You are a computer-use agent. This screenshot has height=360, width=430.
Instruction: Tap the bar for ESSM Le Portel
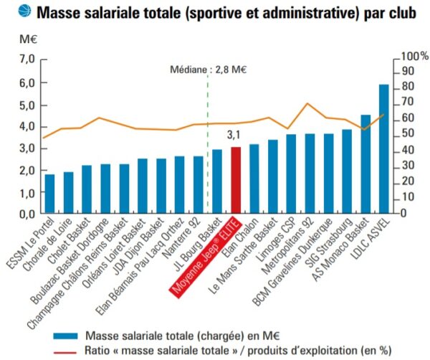click(x=49, y=194)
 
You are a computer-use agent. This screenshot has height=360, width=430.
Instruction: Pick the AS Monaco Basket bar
click(x=365, y=164)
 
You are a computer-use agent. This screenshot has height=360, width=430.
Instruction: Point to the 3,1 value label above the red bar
click(x=234, y=134)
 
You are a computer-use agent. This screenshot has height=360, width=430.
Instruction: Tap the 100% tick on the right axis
click(x=415, y=56)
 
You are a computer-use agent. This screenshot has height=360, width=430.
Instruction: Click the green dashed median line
click(x=208, y=143)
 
